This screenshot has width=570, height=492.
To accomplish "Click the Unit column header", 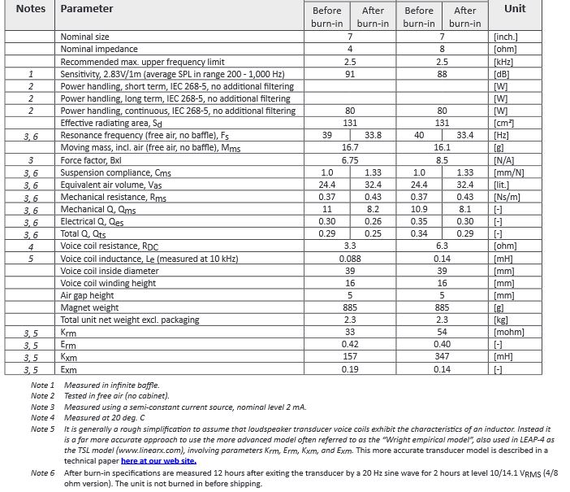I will click(514, 9).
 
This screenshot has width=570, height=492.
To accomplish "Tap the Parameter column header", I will click(87, 9).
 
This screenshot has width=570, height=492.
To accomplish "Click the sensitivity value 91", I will click(350, 73).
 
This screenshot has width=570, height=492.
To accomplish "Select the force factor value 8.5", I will click(442, 160).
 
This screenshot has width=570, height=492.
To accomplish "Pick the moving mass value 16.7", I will click(350, 148).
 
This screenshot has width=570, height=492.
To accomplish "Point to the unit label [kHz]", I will click(506, 61).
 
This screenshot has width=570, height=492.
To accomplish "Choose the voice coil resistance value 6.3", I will click(442, 246).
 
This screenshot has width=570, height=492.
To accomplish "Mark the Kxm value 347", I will click(442, 357).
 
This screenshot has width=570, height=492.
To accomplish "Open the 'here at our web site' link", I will click(158, 460).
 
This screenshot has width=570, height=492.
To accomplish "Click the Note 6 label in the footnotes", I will click(42, 472).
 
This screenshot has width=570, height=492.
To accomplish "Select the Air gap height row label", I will click(87, 295).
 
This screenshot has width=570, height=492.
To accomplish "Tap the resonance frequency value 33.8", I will click(373, 135).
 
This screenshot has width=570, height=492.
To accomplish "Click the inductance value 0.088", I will click(350, 259).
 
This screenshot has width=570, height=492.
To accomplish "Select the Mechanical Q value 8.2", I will click(373, 209).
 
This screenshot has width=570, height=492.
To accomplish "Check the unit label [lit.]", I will click(503, 185).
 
